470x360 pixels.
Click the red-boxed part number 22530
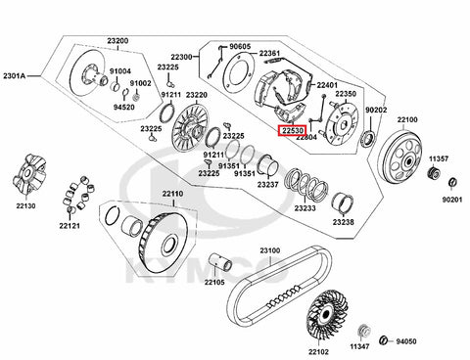click(291, 131)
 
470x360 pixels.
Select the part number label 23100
click(270, 250)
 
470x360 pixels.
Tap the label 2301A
click(15, 76)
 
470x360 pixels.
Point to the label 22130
click(26, 205)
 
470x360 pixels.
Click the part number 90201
click(452, 200)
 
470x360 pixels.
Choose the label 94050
click(406, 341)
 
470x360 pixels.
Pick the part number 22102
click(318, 351)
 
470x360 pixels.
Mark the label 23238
click(344, 222)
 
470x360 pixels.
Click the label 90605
click(240, 47)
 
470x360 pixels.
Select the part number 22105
click(214, 282)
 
